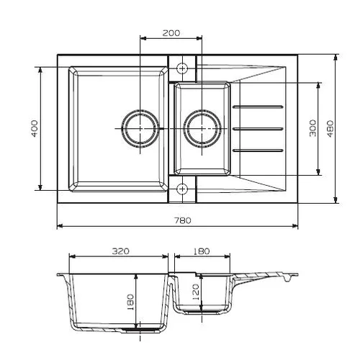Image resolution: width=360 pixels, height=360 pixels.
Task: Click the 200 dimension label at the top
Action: pos(171,33)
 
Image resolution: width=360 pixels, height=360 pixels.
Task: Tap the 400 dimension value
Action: pos(35,129)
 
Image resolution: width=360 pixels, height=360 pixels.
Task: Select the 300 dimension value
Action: pos(312,128)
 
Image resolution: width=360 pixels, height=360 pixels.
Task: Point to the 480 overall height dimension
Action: pos(330,129)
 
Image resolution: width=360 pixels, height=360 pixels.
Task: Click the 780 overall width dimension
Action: pos(183,220)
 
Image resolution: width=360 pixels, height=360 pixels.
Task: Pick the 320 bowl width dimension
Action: pos(120,251)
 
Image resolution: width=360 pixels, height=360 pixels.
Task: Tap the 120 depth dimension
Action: pos(196,292)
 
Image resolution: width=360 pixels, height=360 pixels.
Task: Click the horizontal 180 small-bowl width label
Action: pos(201,251)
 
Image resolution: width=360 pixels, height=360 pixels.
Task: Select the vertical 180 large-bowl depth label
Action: pos(130,302)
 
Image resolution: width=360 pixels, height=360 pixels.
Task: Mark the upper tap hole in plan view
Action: pos(182,68)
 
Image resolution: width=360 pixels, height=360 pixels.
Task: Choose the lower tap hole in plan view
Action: pos(182,189)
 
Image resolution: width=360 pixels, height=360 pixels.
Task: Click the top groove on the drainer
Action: pos(258,107)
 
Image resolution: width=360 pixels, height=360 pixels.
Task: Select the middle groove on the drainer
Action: pos(258,129)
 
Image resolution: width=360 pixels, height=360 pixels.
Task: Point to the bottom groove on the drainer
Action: pos(258,150)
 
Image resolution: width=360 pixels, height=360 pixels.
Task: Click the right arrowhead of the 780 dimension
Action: pos(295,226)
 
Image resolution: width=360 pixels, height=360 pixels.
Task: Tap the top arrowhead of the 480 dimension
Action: pos(336,57)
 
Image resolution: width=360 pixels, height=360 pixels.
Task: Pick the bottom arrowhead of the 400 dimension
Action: pos(40,187)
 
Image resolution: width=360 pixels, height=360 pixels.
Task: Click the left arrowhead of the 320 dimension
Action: pos(72,256)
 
